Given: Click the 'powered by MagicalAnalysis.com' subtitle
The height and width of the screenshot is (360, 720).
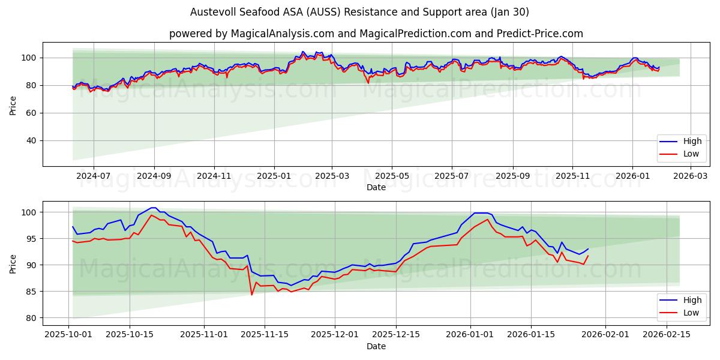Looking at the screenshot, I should (x=376, y=34).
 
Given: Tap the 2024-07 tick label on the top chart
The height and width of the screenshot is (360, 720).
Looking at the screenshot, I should (x=94, y=176).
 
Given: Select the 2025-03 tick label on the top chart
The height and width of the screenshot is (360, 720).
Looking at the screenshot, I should (x=332, y=176).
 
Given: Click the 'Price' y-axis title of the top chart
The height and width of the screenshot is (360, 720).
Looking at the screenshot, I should (x=13, y=105).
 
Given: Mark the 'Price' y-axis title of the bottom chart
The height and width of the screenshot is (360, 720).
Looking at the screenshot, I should (x=13, y=263).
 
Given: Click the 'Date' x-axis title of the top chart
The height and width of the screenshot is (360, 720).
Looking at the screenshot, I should (x=376, y=187).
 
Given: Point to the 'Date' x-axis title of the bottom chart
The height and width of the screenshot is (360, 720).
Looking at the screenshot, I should (x=376, y=346).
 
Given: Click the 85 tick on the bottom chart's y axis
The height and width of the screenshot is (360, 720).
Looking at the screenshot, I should (x=30, y=292).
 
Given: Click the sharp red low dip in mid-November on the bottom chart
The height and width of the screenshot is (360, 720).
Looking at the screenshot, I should (x=252, y=295).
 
